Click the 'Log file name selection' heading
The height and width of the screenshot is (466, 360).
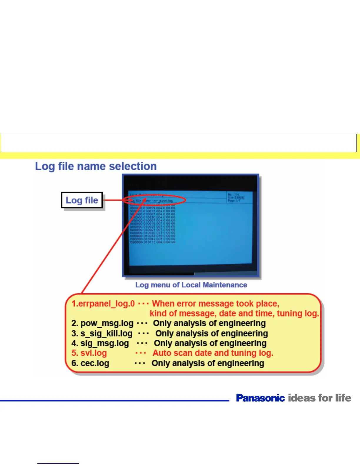pos(96,167)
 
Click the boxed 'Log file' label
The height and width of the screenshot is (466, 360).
pos(82,200)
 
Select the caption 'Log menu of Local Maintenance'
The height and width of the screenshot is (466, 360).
pos(191,285)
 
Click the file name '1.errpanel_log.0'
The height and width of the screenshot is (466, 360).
pos(103,304)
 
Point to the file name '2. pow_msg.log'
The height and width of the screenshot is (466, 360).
pos(102,323)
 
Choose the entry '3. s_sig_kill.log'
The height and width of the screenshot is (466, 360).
pos(102,334)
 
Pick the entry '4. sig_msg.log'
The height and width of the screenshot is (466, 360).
pos(100,343)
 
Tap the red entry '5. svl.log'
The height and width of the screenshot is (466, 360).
pos(89,353)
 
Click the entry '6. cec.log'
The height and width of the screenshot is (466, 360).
pos(90,363)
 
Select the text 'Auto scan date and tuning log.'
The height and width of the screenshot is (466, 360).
pos(213,353)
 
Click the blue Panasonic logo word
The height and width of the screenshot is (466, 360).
pos(260,398)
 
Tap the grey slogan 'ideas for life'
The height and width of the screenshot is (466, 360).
pos(319,398)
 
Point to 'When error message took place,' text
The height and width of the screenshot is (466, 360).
pos(216,304)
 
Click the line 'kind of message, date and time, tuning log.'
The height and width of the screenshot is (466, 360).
pos(234,314)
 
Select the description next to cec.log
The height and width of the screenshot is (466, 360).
pos(208,363)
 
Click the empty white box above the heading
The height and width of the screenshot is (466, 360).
pos(179,143)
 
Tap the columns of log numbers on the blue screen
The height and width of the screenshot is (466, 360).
pos(153,225)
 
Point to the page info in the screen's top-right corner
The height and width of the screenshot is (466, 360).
pos(236,197)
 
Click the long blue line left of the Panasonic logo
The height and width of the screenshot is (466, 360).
pos(114,400)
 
